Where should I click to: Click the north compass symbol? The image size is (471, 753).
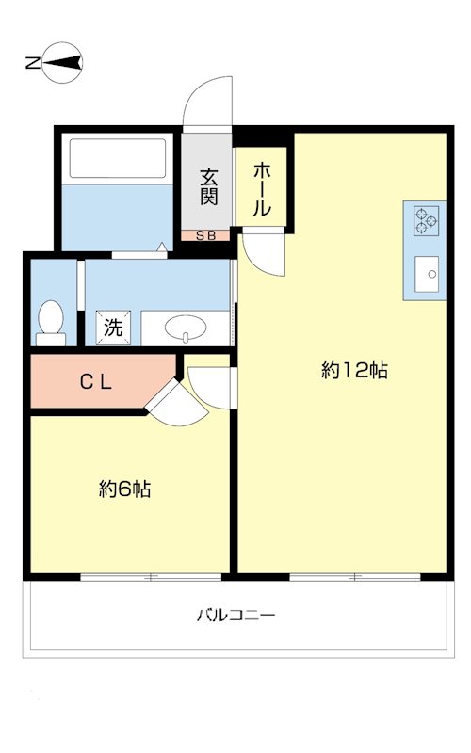(x=62, y=63)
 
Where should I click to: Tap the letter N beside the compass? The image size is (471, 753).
(x=33, y=63)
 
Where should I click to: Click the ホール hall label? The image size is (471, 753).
(x=262, y=189)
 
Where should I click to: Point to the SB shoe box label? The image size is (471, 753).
(x=205, y=236)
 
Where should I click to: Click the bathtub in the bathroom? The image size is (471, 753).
(x=118, y=158)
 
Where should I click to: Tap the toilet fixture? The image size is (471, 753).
(x=51, y=322)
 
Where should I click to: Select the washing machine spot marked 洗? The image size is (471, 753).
(x=113, y=328)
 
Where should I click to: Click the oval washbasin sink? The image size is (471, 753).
(x=186, y=328)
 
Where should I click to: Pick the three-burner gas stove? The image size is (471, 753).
(x=427, y=220)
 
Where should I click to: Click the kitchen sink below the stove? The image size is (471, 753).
(x=427, y=274)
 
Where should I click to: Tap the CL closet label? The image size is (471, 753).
(x=96, y=382)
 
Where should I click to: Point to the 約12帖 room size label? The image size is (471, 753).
(x=354, y=370)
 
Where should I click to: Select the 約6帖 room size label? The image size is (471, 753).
(x=125, y=489)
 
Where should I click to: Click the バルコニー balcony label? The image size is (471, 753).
(x=236, y=615)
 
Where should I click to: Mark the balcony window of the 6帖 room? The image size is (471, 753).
(x=151, y=577)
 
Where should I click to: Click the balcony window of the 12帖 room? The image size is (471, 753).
(x=355, y=577)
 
